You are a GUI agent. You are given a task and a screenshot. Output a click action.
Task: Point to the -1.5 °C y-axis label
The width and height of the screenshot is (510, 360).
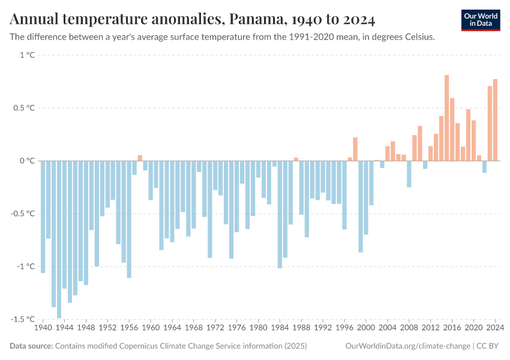23,319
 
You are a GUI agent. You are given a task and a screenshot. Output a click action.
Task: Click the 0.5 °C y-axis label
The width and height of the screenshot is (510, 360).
24,108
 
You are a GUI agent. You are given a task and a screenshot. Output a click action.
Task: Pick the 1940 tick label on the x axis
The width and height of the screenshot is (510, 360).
43,328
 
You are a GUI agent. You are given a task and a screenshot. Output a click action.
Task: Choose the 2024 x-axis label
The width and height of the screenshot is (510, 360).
495,328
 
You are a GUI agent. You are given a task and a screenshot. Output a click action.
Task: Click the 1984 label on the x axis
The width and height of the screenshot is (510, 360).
280,328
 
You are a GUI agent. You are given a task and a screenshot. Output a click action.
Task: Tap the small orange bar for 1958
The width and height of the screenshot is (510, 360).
140,158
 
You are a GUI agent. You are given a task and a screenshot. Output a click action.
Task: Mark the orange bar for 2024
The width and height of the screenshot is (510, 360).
495,120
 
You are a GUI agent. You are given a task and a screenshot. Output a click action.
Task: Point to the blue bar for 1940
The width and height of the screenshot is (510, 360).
43,217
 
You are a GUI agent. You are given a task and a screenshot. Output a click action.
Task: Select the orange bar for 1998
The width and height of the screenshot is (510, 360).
355,149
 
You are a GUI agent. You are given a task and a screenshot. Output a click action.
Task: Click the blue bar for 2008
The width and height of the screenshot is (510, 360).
409,174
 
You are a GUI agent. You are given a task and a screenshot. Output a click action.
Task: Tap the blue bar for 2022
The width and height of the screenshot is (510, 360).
484,167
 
